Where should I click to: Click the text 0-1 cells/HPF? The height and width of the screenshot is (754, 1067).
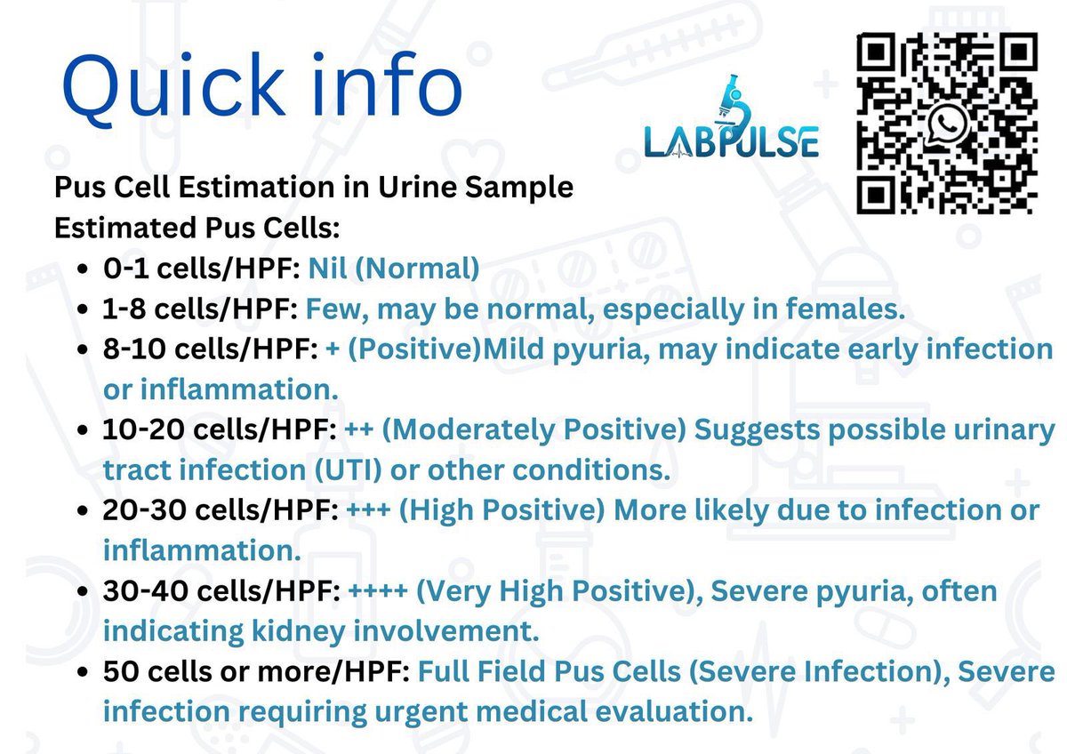[x=202, y=268]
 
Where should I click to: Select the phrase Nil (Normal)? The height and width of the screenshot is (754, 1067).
[x=394, y=268]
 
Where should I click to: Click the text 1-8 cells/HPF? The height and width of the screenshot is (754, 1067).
[x=201, y=309]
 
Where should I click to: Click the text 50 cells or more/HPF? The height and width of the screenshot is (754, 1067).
[x=256, y=671]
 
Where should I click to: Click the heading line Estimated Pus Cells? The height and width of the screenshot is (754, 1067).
[x=197, y=228]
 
